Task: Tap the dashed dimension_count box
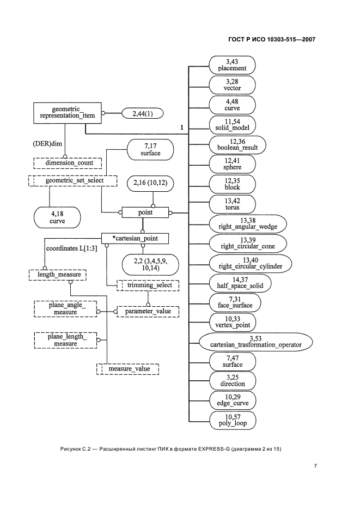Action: coord(65,162)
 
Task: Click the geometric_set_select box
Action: coord(65,180)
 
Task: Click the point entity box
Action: coord(145,212)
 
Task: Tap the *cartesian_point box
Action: coord(135,239)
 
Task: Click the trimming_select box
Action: coord(149,285)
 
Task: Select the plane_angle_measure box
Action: coord(65,310)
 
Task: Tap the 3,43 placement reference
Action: coord(232,66)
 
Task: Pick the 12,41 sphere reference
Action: coord(232,164)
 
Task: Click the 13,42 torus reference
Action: coord(232,204)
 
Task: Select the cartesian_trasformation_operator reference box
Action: coord(255,342)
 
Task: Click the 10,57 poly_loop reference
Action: coord(232,420)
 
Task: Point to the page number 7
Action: coord(315,466)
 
